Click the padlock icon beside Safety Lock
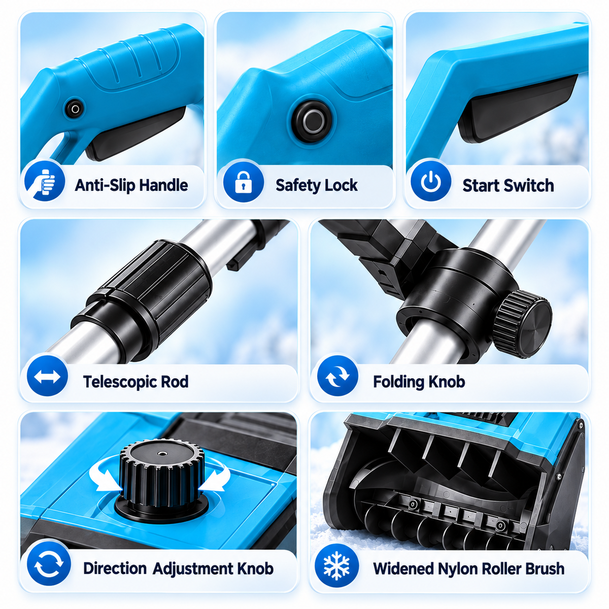point(244,182)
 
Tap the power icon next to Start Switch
point(431,181)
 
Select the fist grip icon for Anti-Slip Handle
point(45,181)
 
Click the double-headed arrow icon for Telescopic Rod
point(47,377)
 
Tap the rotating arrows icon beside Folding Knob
point(337,376)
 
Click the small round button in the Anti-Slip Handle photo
point(75,109)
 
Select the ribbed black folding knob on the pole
point(522,324)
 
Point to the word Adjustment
point(192,568)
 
